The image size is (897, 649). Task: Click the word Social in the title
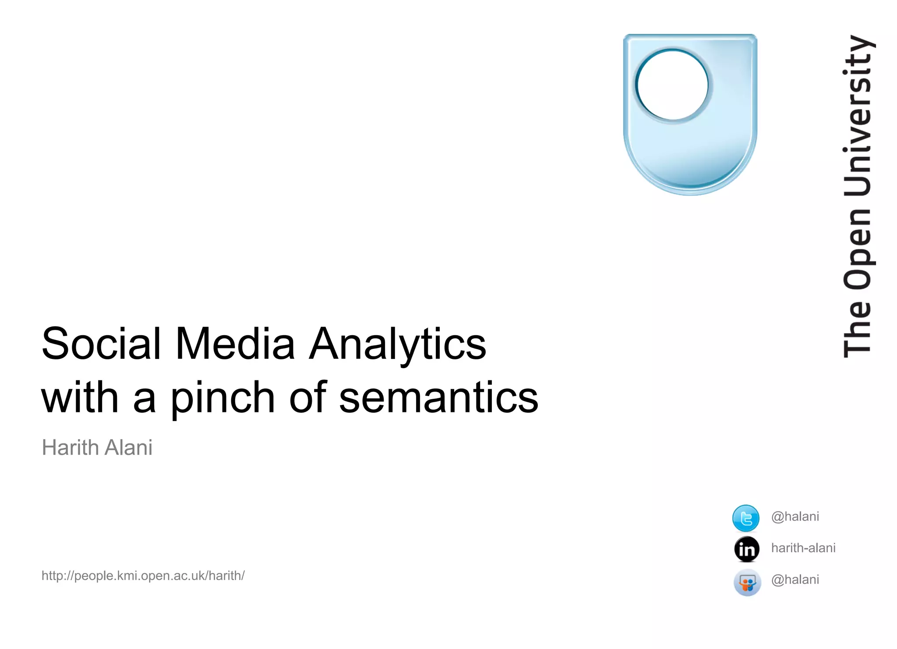point(101,344)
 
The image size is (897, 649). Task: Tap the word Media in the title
point(235,344)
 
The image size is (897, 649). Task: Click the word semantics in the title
point(438,398)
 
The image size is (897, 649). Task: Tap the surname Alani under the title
point(128,447)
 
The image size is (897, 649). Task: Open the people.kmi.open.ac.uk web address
point(143,575)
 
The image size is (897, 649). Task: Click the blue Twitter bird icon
point(745,518)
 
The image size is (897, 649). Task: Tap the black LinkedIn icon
point(747,549)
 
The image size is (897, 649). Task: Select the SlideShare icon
point(747,582)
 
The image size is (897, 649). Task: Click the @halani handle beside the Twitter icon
point(795,517)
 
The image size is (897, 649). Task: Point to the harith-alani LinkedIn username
point(803,548)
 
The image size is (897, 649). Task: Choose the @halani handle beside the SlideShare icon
point(795,580)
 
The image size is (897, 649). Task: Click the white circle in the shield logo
point(672,85)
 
